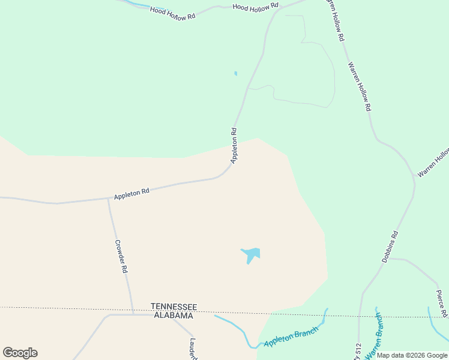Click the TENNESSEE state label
[x=173, y=306]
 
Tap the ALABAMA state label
[x=173, y=315]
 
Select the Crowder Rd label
[x=121, y=257]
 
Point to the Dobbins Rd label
[x=390, y=247]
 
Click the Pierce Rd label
[x=442, y=303]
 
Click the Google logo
[x=20, y=353]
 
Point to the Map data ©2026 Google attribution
[x=412, y=355]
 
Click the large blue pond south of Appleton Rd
[x=252, y=254]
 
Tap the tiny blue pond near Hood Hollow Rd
[x=235, y=74]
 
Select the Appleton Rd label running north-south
[x=234, y=145]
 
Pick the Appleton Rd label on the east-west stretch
[x=131, y=194]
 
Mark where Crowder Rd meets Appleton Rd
[x=108, y=199]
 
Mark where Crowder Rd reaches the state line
[x=133, y=313]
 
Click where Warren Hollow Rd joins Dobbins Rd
[x=414, y=178]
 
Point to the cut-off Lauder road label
[x=193, y=349]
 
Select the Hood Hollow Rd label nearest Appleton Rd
[x=256, y=6]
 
